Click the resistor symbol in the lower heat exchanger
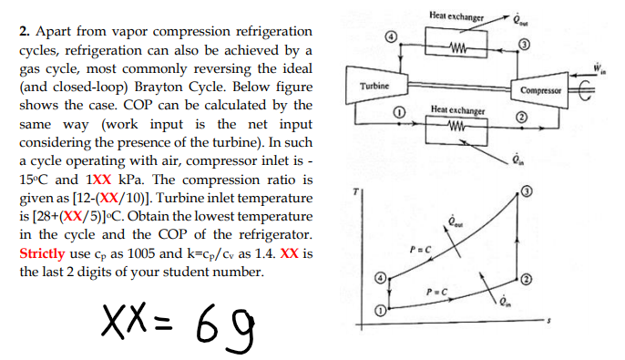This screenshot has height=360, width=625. click(458, 132)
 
